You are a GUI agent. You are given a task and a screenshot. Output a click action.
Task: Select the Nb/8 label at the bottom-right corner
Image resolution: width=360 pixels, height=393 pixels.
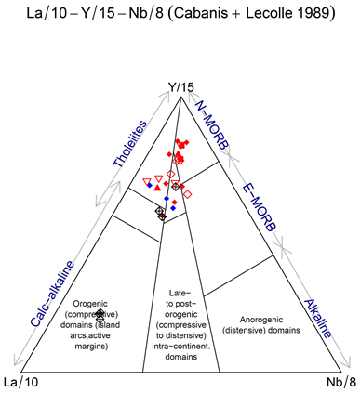point(339,383)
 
